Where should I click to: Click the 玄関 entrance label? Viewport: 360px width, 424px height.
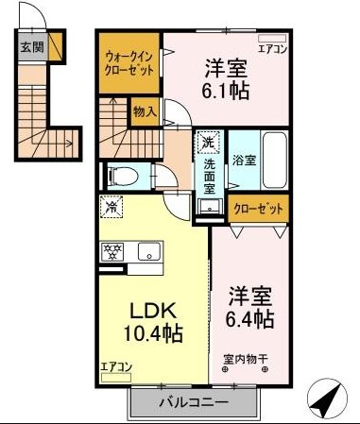(x=32, y=47)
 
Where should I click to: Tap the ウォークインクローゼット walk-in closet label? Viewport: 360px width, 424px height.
(x=129, y=63)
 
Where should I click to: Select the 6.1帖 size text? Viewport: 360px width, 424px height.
(x=227, y=91)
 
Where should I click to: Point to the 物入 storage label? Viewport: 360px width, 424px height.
(x=145, y=112)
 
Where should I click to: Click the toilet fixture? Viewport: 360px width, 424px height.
(x=123, y=177)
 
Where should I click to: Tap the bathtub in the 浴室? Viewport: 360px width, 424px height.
(x=275, y=161)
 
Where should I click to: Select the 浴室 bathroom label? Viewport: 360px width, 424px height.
(x=244, y=161)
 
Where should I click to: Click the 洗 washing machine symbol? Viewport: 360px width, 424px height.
(x=208, y=143)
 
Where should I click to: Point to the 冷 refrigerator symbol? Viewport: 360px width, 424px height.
(x=111, y=207)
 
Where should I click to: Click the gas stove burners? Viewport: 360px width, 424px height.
(x=111, y=251)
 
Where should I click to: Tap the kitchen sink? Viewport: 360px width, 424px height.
(x=149, y=251)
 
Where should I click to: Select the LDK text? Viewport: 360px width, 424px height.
(x=152, y=311)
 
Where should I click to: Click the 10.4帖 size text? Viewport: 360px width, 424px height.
(x=153, y=333)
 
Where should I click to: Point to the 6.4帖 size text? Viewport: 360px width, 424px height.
(x=249, y=319)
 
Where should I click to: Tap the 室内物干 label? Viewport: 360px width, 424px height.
(x=246, y=359)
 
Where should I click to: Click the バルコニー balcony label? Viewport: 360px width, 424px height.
(x=194, y=402)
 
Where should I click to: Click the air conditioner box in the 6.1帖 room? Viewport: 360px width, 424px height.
(x=272, y=39)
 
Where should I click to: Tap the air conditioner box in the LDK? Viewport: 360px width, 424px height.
(x=115, y=377)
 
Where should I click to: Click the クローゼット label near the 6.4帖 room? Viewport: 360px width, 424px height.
(x=258, y=209)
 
